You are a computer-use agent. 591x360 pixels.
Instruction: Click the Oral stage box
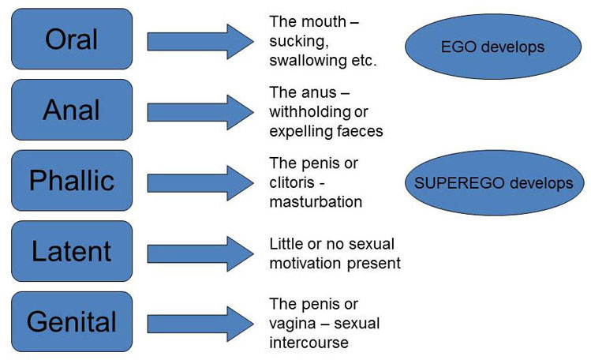[x=72, y=39]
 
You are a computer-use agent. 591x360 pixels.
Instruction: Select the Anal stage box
[x=72, y=110]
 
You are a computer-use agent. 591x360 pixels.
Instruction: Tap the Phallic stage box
[x=72, y=180]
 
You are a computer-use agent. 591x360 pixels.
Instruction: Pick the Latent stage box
[x=72, y=251]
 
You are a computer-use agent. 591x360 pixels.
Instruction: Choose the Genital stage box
[x=72, y=321]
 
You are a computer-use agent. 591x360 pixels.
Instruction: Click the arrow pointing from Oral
[x=200, y=42]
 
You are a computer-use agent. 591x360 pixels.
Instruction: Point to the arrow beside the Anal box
[x=200, y=112]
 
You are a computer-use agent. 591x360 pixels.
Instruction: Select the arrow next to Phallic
[x=200, y=183]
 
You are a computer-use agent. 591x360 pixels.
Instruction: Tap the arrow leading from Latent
[x=200, y=253]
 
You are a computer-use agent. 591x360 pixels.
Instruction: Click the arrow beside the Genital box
[x=200, y=324]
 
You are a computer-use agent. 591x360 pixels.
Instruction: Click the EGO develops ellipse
[x=493, y=47]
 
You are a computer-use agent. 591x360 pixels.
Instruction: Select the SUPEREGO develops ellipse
[x=494, y=183]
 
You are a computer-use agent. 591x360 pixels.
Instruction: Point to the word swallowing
[x=308, y=61]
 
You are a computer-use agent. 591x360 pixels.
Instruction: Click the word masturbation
[x=316, y=201]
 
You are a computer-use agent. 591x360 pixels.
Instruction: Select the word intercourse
[x=309, y=343]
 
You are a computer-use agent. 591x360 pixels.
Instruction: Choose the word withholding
[x=310, y=112]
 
